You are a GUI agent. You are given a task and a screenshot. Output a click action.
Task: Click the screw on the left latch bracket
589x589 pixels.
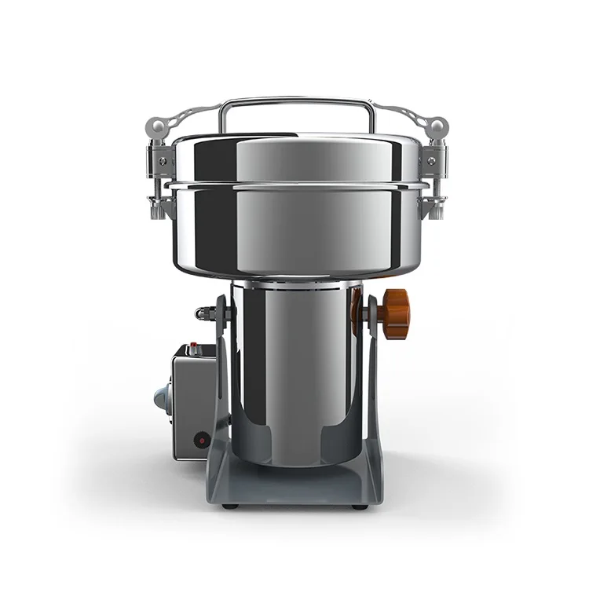[x=163, y=160]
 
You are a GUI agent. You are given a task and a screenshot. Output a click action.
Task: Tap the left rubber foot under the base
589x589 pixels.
[x=228, y=506]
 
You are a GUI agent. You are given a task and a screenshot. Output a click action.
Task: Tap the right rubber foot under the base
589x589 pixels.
[x=359, y=506]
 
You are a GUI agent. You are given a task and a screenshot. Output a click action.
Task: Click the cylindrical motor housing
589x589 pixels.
[x=294, y=369]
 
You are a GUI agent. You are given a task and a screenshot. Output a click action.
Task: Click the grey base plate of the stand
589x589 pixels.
[x=294, y=487]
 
